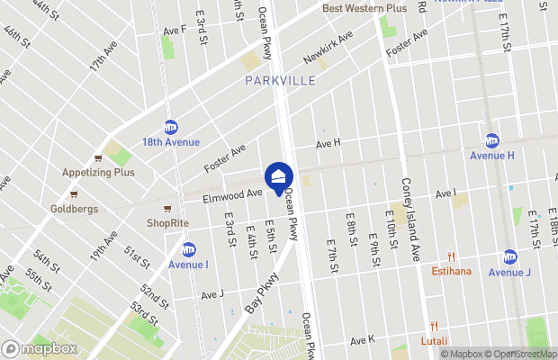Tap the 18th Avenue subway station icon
(171, 128)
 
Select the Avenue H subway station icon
(491, 140)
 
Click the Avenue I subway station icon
(188, 249)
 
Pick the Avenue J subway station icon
(510, 257)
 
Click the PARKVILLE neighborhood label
(280, 81)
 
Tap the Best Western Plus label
(364, 8)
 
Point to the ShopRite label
(169, 222)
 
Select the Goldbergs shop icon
(74, 193)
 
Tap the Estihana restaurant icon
(452, 256)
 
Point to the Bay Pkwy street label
(261, 293)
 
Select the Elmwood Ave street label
(232, 192)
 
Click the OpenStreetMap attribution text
(524, 354)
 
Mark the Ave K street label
(362, 340)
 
